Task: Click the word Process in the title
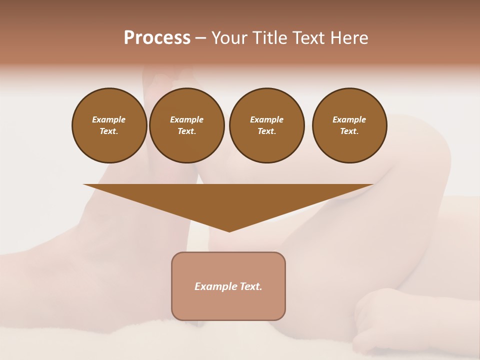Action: click(x=157, y=38)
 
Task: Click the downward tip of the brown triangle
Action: click(x=229, y=229)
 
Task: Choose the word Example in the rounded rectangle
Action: click(x=215, y=286)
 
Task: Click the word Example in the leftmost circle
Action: click(x=109, y=119)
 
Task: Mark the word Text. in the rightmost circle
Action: click(x=349, y=131)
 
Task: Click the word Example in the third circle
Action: click(x=266, y=119)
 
